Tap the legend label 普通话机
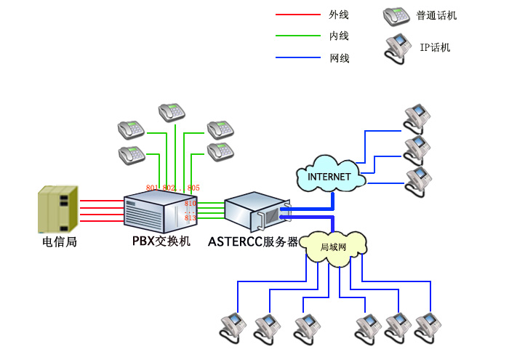pyautogui.click(x=436, y=15)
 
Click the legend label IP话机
pyautogui.click(x=435, y=48)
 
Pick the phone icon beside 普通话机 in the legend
pyautogui.click(x=396, y=15)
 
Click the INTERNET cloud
pyautogui.click(x=329, y=176)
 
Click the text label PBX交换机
pyautogui.click(x=161, y=241)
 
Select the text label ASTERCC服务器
pyautogui.click(x=253, y=241)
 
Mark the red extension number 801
pyautogui.click(x=151, y=188)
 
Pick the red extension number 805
pyautogui.click(x=193, y=188)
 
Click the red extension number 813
pyautogui.click(x=191, y=217)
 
